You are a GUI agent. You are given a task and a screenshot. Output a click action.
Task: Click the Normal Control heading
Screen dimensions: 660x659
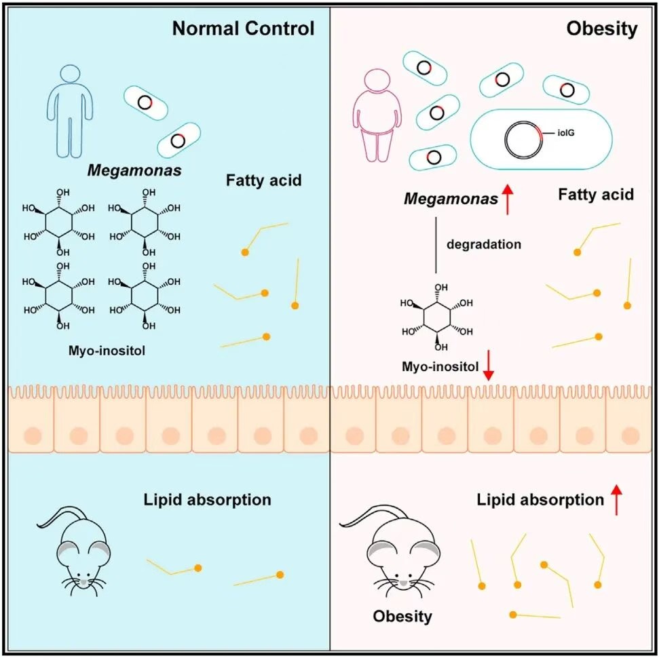[243, 28]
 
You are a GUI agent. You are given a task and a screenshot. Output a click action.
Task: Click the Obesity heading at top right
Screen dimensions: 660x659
[602, 28]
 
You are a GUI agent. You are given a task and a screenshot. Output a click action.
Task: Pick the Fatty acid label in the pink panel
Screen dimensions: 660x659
[595, 195]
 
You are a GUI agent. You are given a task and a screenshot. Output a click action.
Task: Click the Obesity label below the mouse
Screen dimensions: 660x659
[402, 617]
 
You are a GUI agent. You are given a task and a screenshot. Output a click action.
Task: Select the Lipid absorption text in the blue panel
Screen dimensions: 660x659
[207, 501]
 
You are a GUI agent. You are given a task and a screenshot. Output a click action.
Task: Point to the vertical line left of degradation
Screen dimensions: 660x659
[434, 246]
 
